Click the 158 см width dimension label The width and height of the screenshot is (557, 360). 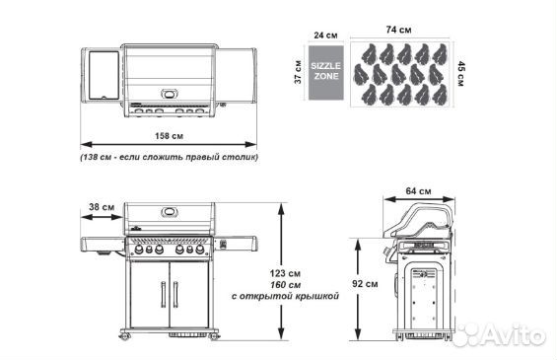click(169, 136)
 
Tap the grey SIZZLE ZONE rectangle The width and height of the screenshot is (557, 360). click(326, 73)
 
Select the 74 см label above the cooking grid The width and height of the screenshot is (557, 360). click(398, 30)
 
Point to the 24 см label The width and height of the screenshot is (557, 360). click(325, 36)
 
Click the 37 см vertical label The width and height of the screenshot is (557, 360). click(298, 72)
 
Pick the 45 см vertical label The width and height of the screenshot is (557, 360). click(460, 74)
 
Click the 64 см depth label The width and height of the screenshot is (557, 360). click(418, 191)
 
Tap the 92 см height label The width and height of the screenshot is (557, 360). click(365, 284)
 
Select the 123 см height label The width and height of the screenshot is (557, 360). click(285, 273)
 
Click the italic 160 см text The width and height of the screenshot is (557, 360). click(285, 285)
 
